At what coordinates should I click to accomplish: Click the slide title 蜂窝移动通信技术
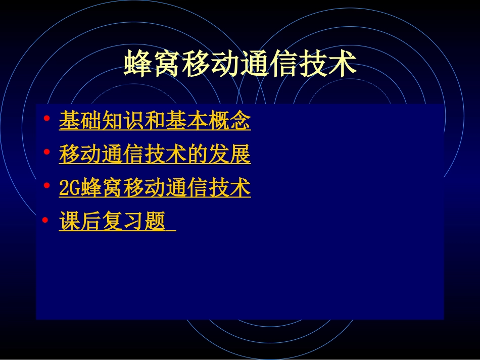pyautogui.click(x=240, y=64)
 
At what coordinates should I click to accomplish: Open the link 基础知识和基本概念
pyautogui.click(x=155, y=121)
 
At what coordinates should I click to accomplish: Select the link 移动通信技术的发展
pyautogui.click(x=155, y=155)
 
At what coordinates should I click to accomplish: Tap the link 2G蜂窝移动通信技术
pyautogui.click(x=155, y=188)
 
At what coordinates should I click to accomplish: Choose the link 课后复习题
pyautogui.click(x=112, y=221)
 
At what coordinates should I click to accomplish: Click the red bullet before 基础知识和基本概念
pyautogui.click(x=46, y=119)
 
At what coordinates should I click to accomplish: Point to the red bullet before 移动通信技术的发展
pyautogui.click(x=46, y=152)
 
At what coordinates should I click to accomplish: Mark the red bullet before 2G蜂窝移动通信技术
pyautogui.click(x=46, y=186)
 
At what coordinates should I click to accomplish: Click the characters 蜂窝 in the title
pyautogui.click(x=153, y=64)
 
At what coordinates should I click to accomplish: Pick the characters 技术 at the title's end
pyautogui.click(x=328, y=64)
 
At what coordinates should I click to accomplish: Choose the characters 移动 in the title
pyautogui.click(x=211, y=64)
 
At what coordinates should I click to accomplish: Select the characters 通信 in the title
pyautogui.click(x=269, y=64)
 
